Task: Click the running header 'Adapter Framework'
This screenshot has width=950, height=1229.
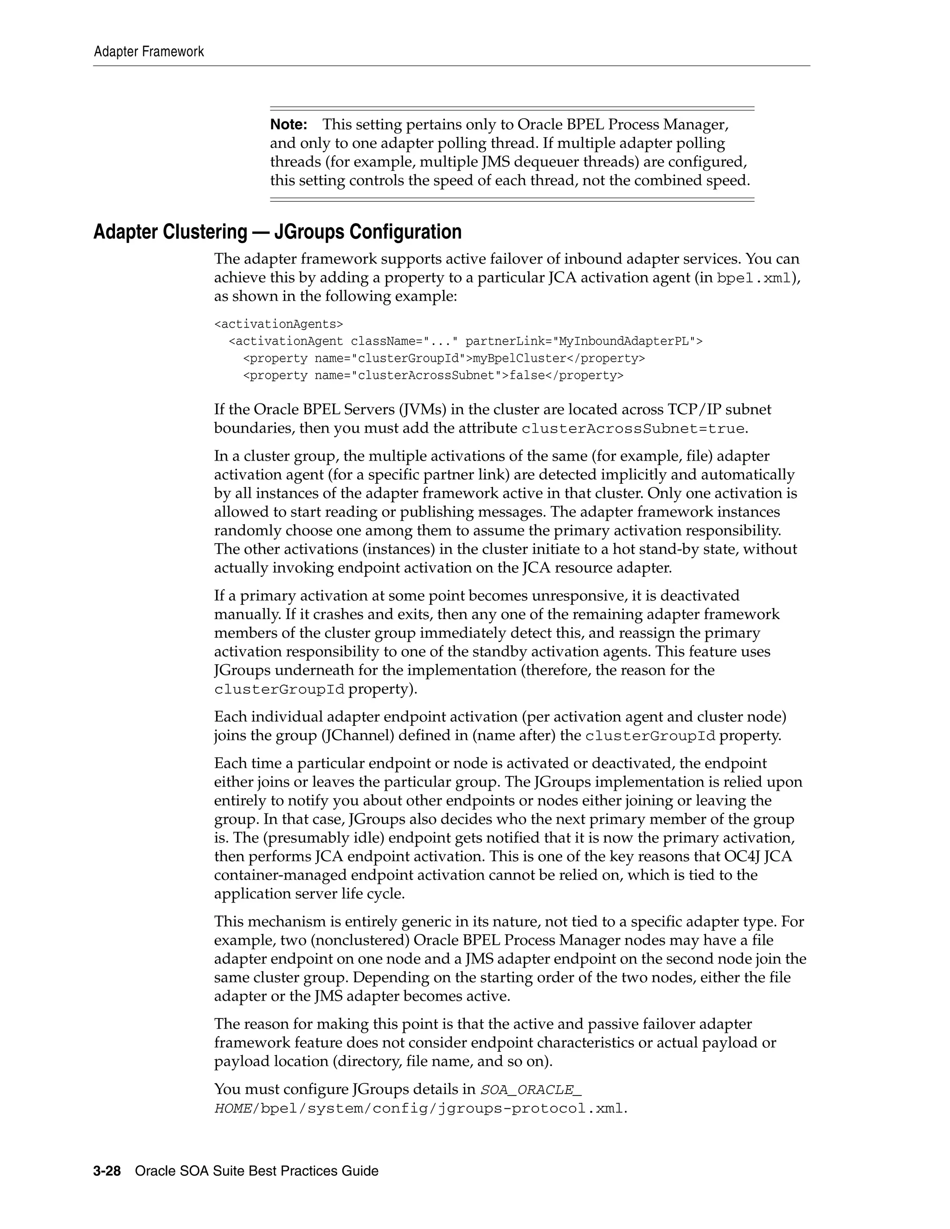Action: coord(148,52)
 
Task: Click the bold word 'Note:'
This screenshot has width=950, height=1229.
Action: coord(288,124)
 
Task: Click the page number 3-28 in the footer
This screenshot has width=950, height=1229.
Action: coord(107,1171)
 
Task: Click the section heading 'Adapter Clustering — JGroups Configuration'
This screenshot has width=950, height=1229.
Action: coord(277,232)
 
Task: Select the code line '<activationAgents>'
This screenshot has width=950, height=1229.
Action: coord(278,324)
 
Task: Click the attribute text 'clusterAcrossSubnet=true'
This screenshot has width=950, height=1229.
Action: coord(633,429)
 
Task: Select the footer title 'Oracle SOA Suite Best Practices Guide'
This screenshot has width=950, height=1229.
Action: coord(257,1171)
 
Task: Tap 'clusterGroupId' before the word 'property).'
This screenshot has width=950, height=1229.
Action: coord(279,689)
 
